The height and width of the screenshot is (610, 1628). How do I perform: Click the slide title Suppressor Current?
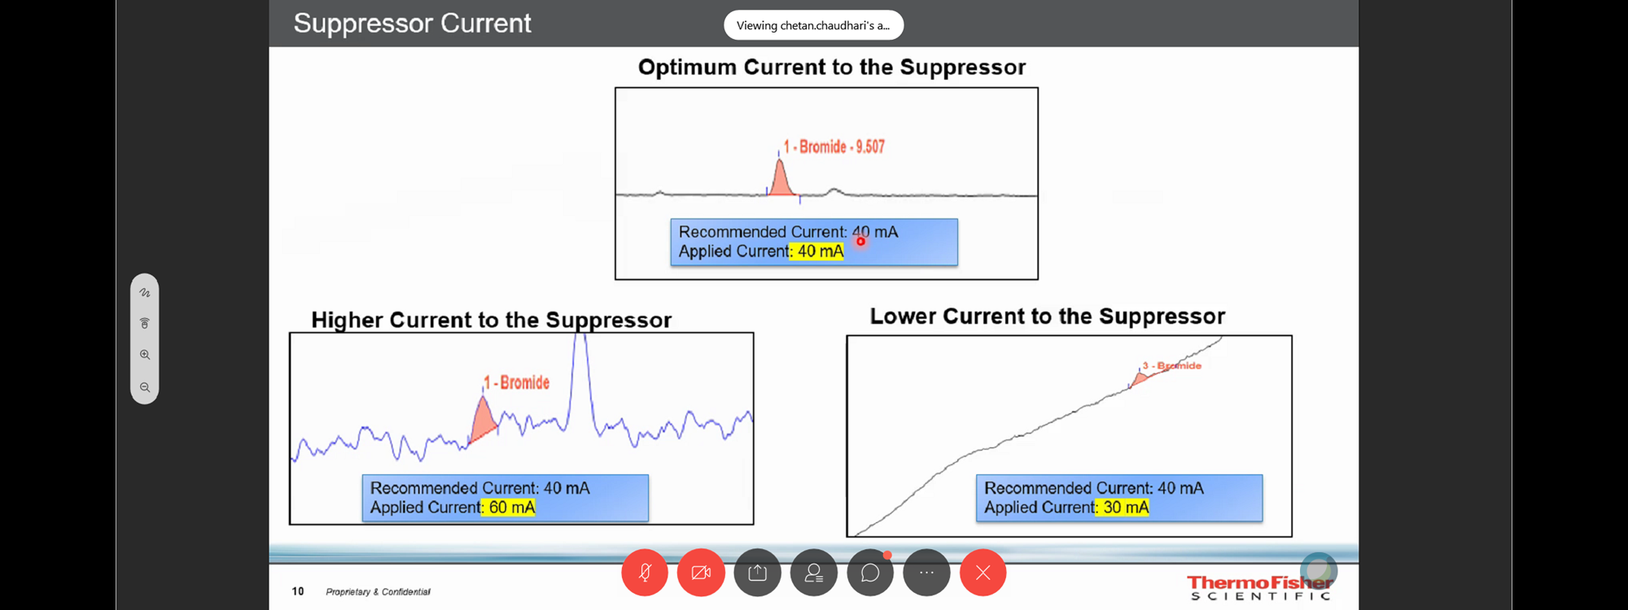(x=412, y=24)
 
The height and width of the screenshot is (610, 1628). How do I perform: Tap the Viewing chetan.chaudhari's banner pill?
(x=813, y=25)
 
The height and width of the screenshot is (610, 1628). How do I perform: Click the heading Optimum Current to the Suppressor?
(x=832, y=67)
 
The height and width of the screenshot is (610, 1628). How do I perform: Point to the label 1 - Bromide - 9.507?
(x=834, y=146)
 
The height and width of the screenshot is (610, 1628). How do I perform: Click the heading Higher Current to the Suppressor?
(x=492, y=320)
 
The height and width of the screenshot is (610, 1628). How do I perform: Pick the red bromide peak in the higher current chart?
(x=483, y=421)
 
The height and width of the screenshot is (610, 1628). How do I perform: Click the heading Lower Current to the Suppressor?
(x=1048, y=316)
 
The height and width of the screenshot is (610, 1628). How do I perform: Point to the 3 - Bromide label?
(x=1171, y=366)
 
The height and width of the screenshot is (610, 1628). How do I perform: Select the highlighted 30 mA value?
(x=1123, y=508)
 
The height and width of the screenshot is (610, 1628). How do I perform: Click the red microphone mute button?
(x=645, y=573)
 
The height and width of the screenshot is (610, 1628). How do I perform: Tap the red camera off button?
(x=701, y=573)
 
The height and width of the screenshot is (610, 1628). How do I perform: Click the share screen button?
(x=757, y=573)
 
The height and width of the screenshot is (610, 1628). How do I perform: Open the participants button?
(x=814, y=573)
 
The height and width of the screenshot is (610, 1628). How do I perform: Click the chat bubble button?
(x=870, y=573)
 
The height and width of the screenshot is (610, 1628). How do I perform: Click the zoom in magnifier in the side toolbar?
(x=145, y=355)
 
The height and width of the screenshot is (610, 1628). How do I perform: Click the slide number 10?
(x=298, y=591)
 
